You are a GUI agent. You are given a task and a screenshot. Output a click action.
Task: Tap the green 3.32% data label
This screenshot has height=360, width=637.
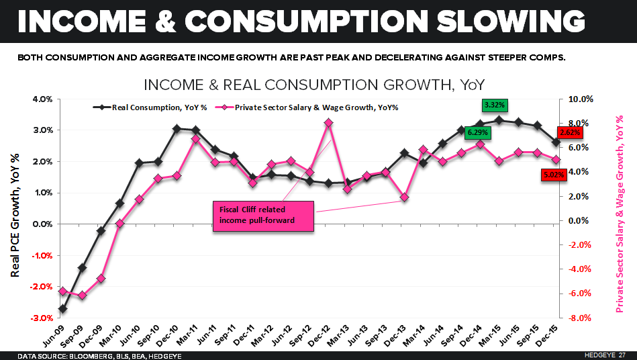495,105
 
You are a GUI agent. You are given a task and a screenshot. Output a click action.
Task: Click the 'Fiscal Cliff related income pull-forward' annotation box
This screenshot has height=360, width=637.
262,215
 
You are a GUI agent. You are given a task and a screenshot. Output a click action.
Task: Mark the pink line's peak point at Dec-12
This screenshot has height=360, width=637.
328,123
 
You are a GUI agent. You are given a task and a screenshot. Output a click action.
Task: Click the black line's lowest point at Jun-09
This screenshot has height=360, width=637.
62,309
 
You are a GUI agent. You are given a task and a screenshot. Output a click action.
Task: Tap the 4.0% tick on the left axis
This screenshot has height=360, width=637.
42,99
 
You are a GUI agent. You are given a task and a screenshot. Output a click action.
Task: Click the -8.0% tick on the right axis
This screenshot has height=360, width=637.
580,318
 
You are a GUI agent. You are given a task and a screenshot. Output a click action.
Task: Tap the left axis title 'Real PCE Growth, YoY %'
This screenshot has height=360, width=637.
15,208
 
